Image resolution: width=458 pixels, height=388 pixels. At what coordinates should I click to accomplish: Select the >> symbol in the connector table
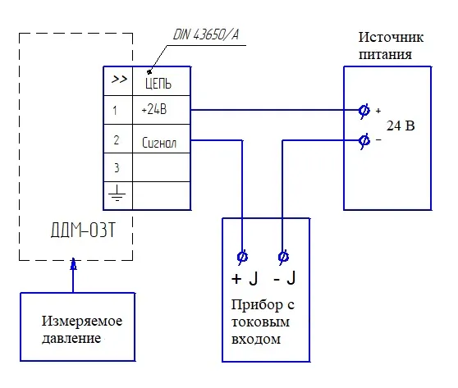pyautogui.click(x=118, y=80)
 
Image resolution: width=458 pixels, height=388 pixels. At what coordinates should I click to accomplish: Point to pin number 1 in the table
pyautogui.click(x=116, y=109)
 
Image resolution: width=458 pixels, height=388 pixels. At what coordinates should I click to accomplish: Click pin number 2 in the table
pyautogui.click(x=116, y=140)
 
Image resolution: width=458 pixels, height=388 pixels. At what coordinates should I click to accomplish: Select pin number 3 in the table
pyautogui.click(x=116, y=167)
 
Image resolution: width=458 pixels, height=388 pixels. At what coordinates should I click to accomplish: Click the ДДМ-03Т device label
pyautogui.click(x=76, y=227)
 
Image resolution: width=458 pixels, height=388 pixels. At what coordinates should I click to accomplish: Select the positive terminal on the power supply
pyautogui.click(x=364, y=109)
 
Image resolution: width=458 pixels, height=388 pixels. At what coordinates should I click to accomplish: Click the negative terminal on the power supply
pyautogui.click(x=364, y=140)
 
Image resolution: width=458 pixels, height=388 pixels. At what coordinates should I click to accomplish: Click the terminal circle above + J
pyautogui.click(x=243, y=257)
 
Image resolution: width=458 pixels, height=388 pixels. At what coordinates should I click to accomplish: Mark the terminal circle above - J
pyautogui.click(x=283, y=257)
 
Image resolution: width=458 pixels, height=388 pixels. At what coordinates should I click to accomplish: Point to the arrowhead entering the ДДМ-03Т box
pyautogui.click(x=73, y=266)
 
